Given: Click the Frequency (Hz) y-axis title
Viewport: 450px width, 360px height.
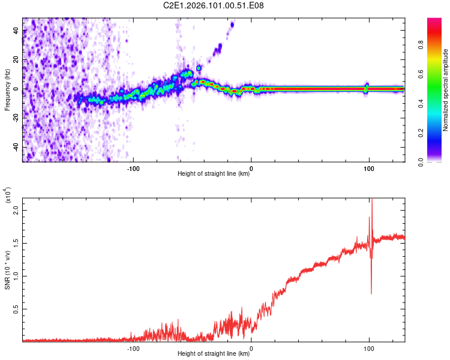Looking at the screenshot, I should click(8, 90).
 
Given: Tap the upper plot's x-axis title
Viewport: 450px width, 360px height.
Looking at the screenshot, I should click(214, 175).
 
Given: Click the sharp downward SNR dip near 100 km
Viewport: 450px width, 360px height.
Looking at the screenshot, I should click(371, 292).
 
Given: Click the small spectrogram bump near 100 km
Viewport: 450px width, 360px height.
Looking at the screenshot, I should click(367, 85).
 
